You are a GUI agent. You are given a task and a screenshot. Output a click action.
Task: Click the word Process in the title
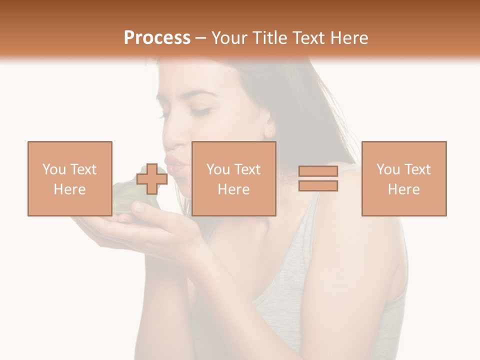coord(157,38)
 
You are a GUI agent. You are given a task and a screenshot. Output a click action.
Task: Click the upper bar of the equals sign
coord(318,171)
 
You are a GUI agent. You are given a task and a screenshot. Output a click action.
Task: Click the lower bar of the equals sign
coord(318,186)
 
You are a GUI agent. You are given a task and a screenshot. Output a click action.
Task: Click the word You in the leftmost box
coord(54,169)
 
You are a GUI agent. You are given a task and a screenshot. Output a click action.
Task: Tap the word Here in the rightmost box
coord(404,189)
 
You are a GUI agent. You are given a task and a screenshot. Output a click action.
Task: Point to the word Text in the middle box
coord(247,169)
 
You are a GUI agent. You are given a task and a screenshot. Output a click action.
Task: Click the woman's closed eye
coord(200,111)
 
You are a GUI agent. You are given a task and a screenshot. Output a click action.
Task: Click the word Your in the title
coord(229,38)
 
